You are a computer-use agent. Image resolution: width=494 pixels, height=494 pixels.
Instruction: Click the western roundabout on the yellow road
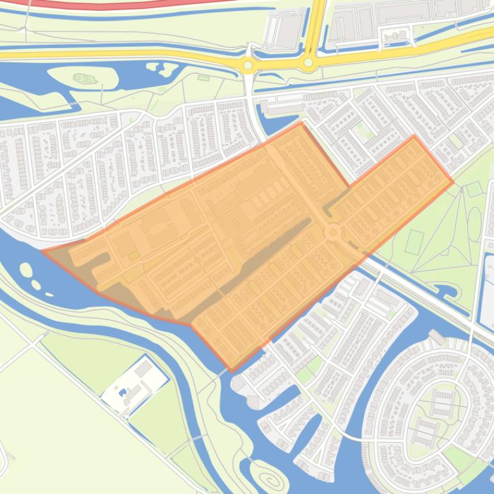click(248, 65)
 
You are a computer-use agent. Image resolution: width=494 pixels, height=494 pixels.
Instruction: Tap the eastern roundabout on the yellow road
click(309, 63)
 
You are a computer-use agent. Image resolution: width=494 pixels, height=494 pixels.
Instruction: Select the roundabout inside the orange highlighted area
click(333, 232)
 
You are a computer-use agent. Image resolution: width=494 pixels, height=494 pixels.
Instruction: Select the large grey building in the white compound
click(144, 368)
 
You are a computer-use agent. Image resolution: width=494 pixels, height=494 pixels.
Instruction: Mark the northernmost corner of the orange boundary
click(300, 123)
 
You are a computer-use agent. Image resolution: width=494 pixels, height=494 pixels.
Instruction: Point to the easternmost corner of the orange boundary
click(454, 182)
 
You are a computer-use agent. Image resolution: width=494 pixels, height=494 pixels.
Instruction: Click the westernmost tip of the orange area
click(42, 251)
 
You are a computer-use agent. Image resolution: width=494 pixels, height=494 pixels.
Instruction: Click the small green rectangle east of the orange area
click(414, 241)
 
